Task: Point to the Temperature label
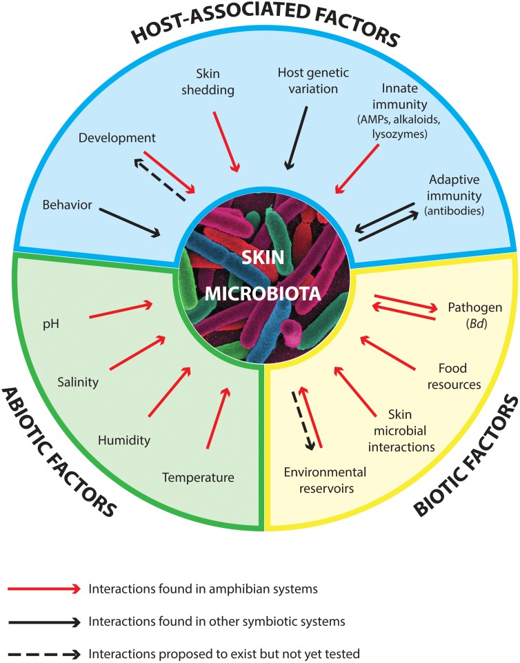tap(199, 477)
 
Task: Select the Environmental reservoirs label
tap(325, 480)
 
